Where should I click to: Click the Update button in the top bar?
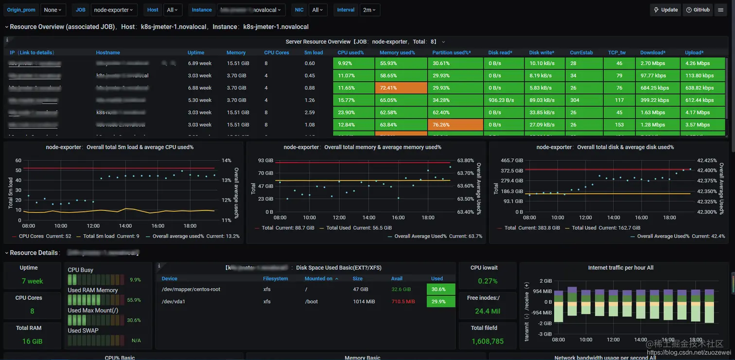tap(665, 10)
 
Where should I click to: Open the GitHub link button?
tap(698, 10)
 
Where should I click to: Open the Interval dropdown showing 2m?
tap(370, 10)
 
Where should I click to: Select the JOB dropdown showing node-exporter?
tap(114, 10)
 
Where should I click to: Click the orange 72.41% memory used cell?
tap(401, 88)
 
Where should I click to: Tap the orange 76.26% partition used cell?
tap(455, 125)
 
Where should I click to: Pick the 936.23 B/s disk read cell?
tap(503, 100)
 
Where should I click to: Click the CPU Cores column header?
tap(277, 52)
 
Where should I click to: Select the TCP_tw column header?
tap(617, 52)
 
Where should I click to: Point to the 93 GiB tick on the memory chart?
tap(265, 160)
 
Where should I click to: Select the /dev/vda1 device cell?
tap(174, 301)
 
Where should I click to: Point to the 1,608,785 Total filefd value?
tap(488, 341)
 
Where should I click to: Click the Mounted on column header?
tap(319, 278)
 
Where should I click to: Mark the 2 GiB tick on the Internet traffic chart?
tap(545, 281)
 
